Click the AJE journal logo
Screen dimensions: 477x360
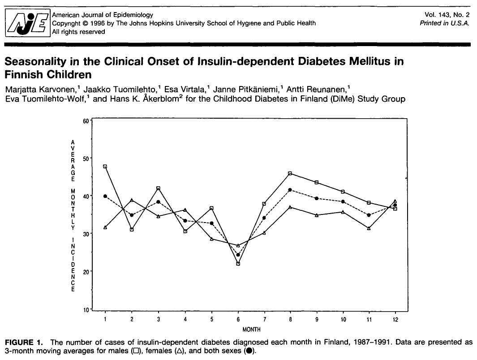coord(28,23)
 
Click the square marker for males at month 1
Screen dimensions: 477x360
coord(105,166)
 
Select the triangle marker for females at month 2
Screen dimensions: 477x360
coord(132,200)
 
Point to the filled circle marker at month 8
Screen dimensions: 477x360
coord(290,190)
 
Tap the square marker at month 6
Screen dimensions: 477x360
coord(238,264)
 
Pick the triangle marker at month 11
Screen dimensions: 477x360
coord(369,228)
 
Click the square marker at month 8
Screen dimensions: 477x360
coord(290,173)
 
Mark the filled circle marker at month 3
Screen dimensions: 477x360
coord(158,202)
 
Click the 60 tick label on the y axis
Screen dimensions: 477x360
coord(86,121)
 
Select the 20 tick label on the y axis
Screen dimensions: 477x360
coord(86,271)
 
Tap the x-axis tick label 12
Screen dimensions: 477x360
coord(395,319)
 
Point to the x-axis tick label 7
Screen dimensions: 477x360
coord(265,319)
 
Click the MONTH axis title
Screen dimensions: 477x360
coord(251,329)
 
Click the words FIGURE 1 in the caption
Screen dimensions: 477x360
coord(24,343)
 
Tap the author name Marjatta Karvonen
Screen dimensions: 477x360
coord(40,90)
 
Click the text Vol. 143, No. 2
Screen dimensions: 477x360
coord(447,15)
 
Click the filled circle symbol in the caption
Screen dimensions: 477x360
coord(249,351)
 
